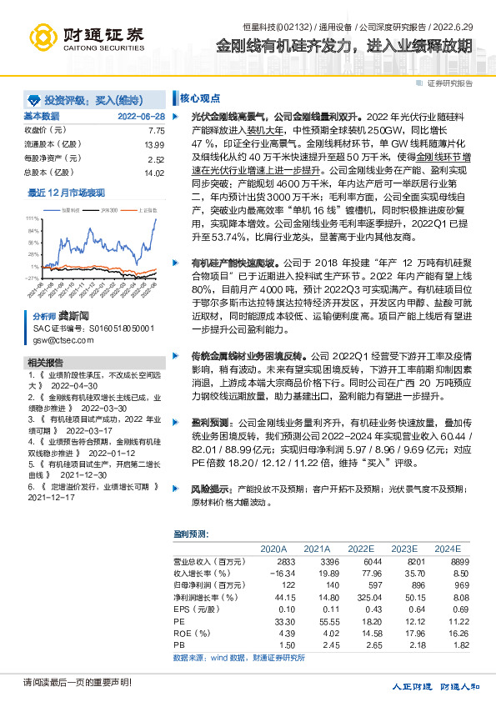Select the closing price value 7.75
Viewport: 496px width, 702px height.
tap(156, 131)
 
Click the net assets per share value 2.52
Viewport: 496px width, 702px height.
tap(156, 158)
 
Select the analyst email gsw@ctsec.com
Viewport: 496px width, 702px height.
tap(58, 340)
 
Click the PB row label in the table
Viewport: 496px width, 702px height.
tap(178, 644)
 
